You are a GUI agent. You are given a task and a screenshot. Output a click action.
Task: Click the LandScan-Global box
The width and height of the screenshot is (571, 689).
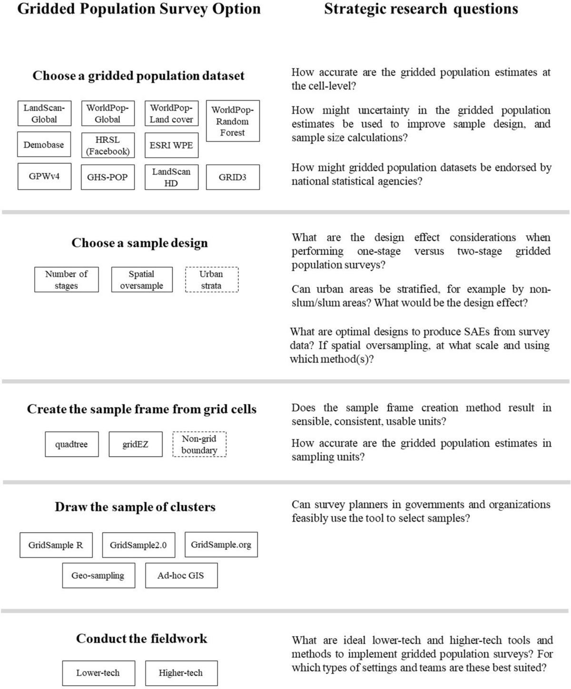[44, 113]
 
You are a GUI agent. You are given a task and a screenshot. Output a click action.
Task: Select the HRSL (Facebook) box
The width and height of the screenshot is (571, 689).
[108, 145]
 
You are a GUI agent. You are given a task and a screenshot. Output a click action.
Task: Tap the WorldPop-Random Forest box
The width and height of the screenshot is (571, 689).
[233, 121]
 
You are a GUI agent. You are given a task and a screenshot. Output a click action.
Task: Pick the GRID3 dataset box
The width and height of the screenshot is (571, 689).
[233, 177]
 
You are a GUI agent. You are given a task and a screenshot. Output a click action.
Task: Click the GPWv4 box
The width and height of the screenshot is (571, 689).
[44, 177]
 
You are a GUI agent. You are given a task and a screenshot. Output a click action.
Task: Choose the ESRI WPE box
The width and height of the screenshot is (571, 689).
[171, 145]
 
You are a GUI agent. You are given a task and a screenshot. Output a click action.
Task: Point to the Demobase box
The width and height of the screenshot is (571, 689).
[44, 145]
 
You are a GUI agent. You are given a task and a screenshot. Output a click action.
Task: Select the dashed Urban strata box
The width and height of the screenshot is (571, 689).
[211, 280]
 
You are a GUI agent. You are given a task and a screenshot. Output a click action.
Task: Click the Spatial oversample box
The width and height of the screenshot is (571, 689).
[141, 280]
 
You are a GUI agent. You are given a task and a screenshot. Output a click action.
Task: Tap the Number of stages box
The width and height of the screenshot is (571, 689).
[66, 280]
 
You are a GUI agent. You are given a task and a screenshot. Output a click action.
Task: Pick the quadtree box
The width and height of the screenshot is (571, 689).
[72, 444]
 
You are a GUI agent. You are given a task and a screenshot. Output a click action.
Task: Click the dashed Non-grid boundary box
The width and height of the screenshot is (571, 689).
[199, 444]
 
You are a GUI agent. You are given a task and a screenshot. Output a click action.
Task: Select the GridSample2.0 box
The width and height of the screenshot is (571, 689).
[138, 545]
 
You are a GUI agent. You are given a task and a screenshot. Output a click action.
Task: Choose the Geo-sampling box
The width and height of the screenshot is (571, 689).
[98, 575]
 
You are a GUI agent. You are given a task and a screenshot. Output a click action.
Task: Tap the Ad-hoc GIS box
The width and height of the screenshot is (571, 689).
[181, 575]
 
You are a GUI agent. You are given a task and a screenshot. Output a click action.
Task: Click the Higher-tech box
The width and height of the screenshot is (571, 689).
[181, 673]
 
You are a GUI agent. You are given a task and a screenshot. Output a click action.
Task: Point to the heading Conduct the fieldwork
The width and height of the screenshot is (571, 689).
[141, 639]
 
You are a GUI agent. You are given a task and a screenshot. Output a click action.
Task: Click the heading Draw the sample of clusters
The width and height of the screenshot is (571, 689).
[135, 507]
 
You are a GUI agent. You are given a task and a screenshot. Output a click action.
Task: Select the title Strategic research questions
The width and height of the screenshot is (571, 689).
[421, 9]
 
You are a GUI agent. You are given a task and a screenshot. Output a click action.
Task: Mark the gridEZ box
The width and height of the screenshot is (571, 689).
[135, 444]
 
